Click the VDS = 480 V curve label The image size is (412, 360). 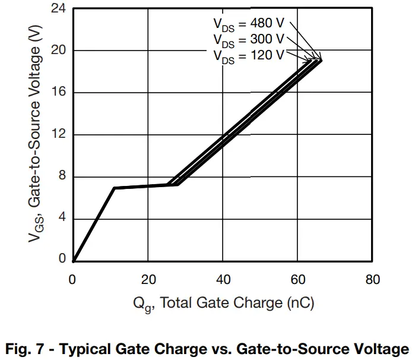coord(249,24)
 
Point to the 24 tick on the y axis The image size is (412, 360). coord(58,9)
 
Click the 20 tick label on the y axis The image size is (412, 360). coord(58,51)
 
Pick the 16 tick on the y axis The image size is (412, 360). coord(58,93)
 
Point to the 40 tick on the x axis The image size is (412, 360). coord(223,280)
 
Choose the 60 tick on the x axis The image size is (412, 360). coord(297,280)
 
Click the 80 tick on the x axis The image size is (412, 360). coord(372,280)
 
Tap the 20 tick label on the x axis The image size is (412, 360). coord(148,280)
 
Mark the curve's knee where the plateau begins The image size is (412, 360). coord(114,188)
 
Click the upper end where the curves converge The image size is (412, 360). coord(321,60)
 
